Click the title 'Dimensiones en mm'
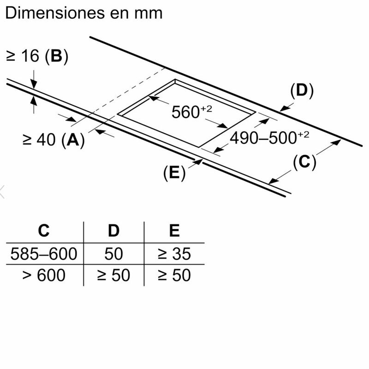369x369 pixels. [x=84, y=13]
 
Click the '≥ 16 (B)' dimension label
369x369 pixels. [x=37, y=56]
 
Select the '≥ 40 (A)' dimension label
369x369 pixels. [x=54, y=140]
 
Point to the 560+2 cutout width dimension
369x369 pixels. [x=192, y=112]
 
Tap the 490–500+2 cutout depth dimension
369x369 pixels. [x=269, y=137]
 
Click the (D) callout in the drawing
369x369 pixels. [x=302, y=90]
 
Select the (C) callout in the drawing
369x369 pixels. [x=304, y=162]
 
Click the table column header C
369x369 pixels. [x=44, y=231]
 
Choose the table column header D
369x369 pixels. [x=113, y=231]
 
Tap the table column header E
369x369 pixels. [x=174, y=231]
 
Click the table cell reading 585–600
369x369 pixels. [x=44, y=254]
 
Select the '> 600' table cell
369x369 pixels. [x=44, y=275]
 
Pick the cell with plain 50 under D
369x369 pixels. [x=113, y=254]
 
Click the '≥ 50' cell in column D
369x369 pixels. [x=113, y=275]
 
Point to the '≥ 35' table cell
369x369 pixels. [x=174, y=254]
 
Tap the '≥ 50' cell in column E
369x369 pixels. [x=174, y=275]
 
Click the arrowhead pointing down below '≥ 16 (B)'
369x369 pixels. [x=34, y=84]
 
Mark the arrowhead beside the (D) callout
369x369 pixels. [x=285, y=108]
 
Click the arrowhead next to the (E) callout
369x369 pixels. [x=198, y=162]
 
